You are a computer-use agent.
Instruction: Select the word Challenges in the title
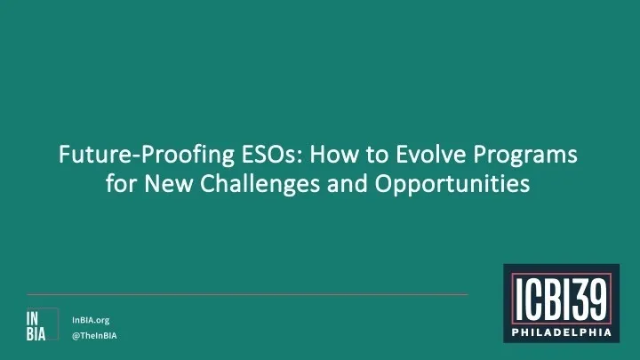tap(228, 186)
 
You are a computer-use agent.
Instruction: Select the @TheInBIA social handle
tap(94, 336)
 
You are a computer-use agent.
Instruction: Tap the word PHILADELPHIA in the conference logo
tap(563, 332)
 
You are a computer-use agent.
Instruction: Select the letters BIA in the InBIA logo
tap(36, 335)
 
